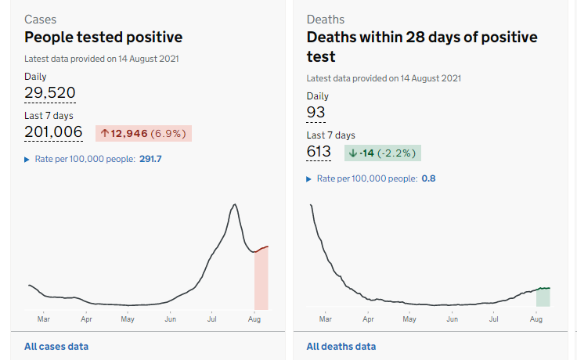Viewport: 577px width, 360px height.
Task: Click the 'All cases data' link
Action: [x=56, y=346]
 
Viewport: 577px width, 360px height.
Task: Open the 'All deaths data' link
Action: [x=341, y=346]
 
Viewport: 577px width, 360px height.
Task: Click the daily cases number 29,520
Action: [x=50, y=93]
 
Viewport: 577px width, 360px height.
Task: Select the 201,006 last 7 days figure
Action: [x=53, y=132]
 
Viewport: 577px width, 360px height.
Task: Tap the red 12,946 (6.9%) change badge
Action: [x=144, y=133]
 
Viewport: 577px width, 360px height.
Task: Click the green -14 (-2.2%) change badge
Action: [x=382, y=153]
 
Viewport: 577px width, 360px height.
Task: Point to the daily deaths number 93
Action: [x=316, y=113]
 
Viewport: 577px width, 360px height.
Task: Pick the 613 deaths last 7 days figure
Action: [x=319, y=152]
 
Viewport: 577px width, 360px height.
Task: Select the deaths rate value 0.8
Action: [x=428, y=178]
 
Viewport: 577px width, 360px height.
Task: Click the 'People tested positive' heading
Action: [x=103, y=37]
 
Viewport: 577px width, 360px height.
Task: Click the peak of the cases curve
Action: [x=234, y=205]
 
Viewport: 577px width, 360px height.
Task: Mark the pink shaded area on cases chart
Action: [x=261, y=282]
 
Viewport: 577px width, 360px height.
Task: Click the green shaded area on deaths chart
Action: [x=543, y=297]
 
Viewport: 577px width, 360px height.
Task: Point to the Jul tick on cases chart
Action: [x=211, y=319]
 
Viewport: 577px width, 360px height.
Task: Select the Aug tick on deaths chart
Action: [x=536, y=319]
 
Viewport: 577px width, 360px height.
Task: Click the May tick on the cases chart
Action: [x=128, y=319]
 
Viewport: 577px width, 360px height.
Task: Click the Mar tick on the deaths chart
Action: [x=326, y=319]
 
